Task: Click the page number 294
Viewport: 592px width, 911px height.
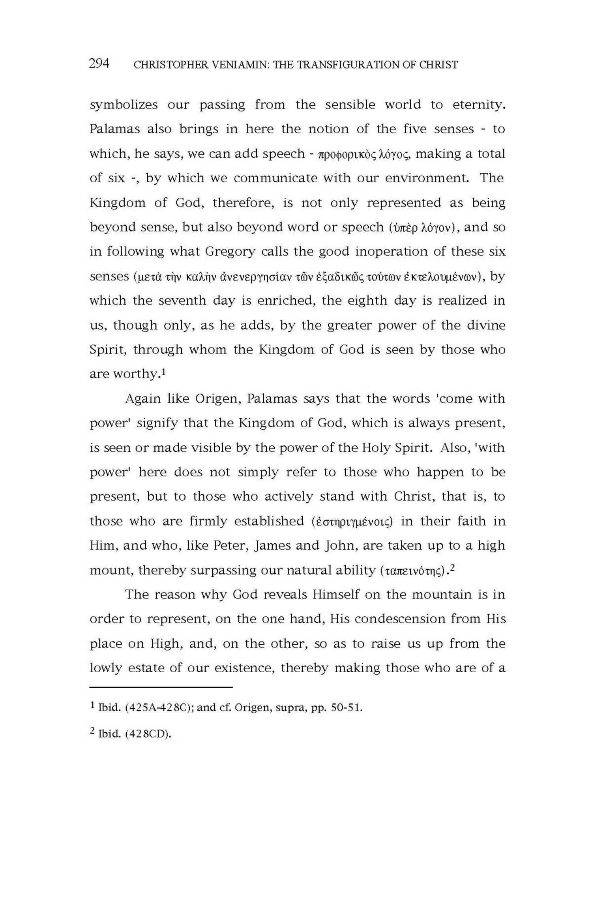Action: click(99, 64)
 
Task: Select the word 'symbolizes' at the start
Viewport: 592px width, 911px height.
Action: click(124, 105)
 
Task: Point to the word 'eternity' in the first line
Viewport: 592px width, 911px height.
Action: click(478, 105)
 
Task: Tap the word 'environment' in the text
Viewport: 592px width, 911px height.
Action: click(427, 178)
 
